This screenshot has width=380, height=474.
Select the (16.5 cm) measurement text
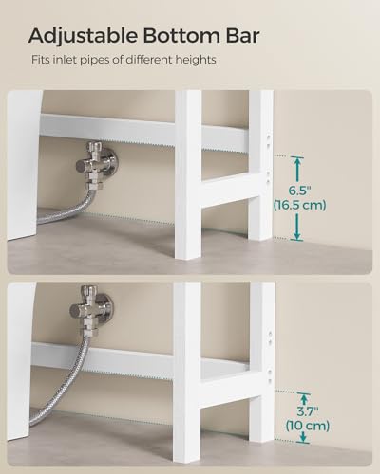tap(299, 204)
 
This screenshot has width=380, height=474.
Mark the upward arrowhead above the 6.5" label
tap(297, 161)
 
